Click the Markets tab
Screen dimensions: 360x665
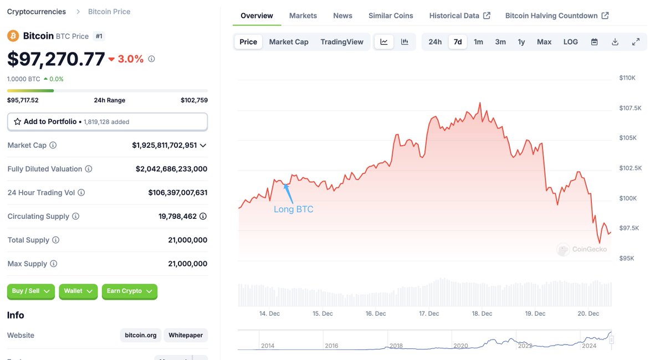[x=303, y=16]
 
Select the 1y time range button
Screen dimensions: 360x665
[x=521, y=42]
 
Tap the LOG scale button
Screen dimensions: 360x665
[x=570, y=42]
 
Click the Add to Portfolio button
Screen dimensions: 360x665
[x=107, y=121]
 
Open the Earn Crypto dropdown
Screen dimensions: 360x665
[x=129, y=291]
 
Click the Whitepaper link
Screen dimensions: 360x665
[x=186, y=335]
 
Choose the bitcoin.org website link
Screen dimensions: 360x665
[x=140, y=335]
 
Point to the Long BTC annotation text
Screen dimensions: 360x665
[x=293, y=209]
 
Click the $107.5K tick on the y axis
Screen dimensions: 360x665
[x=630, y=108]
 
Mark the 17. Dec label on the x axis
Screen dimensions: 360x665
[x=429, y=313]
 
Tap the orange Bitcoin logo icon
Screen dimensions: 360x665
[x=13, y=36]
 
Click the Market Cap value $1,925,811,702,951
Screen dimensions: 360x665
[x=164, y=145]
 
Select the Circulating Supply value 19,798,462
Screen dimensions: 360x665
[x=177, y=217]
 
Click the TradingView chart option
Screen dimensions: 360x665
[x=342, y=42]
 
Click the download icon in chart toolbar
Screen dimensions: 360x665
[x=615, y=42]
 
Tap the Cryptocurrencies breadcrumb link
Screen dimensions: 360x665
[x=36, y=12]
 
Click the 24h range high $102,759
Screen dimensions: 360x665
[x=194, y=100]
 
